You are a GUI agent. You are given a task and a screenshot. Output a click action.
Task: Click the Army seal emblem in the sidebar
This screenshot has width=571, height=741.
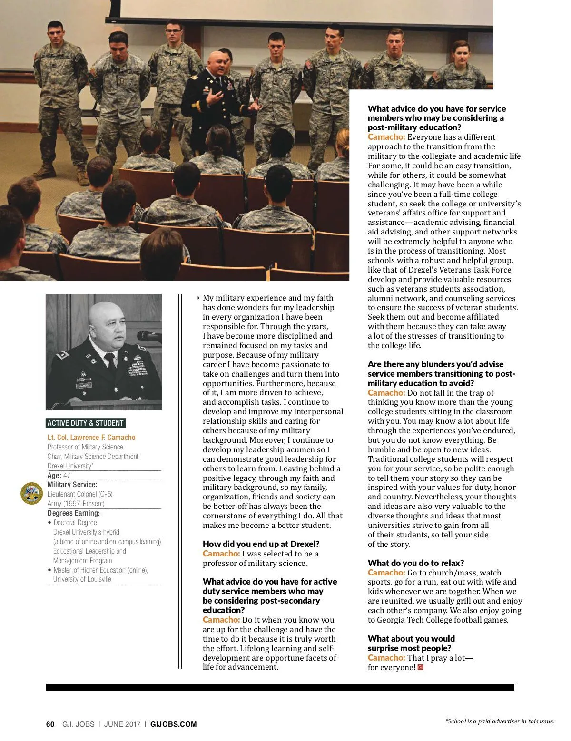[31, 493]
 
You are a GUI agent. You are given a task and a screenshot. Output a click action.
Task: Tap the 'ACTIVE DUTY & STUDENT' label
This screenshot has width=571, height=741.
[85, 423]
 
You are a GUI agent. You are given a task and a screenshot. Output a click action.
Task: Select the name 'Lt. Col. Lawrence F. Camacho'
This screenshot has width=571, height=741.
[91, 437]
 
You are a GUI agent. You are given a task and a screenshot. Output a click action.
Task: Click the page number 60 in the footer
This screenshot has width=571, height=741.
[50, 724]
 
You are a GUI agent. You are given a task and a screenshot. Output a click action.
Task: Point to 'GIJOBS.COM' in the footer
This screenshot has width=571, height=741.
[173, 724]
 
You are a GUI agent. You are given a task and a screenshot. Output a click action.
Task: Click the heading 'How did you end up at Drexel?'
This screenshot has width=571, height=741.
[261, 544]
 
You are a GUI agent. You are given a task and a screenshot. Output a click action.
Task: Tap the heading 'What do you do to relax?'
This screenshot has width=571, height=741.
[415, 563]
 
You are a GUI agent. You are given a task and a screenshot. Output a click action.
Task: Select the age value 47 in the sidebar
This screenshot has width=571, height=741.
[67, 475]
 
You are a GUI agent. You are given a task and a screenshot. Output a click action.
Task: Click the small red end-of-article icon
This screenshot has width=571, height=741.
[420, 667]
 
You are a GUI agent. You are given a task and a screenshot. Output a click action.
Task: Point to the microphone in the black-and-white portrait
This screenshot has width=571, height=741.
[149, 336]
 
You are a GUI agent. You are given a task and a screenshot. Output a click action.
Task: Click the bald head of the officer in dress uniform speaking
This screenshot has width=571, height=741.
[217, 59]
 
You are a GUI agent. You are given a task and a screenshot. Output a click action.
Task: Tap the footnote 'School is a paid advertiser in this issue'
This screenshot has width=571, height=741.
[500, 721]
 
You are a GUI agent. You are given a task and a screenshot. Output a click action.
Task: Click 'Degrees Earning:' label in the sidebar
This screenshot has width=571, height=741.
[74, 513]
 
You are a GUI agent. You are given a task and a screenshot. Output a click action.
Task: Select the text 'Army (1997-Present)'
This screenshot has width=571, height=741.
[76, 503]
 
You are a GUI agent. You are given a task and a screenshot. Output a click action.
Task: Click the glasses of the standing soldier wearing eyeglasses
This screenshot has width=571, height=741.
[173, 31]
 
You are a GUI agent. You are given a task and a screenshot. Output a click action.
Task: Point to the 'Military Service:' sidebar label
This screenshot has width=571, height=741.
[72, 485]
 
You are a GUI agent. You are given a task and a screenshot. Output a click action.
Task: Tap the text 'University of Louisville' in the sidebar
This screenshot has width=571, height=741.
[82, 579]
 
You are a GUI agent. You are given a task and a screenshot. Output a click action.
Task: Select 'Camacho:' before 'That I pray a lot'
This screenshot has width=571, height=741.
[386, 658]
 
